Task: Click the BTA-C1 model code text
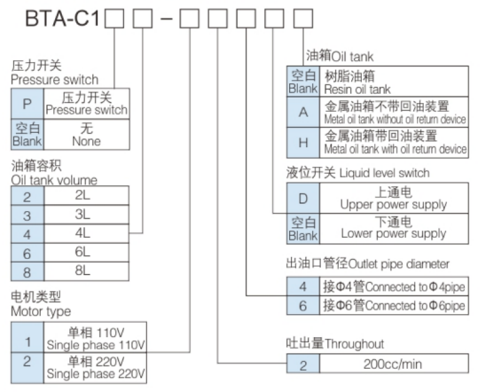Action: pos(54,18)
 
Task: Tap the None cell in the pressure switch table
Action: pos(86,133)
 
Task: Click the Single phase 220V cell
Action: pos(95,366)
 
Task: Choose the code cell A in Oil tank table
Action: pos(302,113)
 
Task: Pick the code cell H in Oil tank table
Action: pos(302,142)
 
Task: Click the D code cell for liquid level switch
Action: pos(302,198)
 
